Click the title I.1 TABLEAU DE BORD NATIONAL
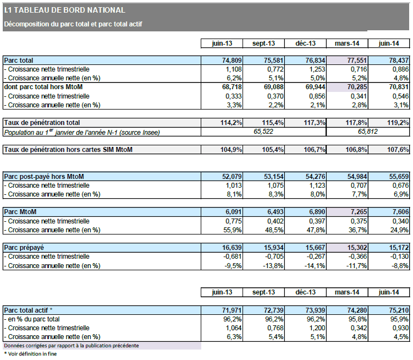pyautogui.click(x=64, y=10)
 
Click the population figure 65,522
pyautogui.click(x=263, y=132)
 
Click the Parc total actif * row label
pyautogui.click(x=29, y=310)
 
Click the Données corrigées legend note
pyautogui.click(x=71, y=346)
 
